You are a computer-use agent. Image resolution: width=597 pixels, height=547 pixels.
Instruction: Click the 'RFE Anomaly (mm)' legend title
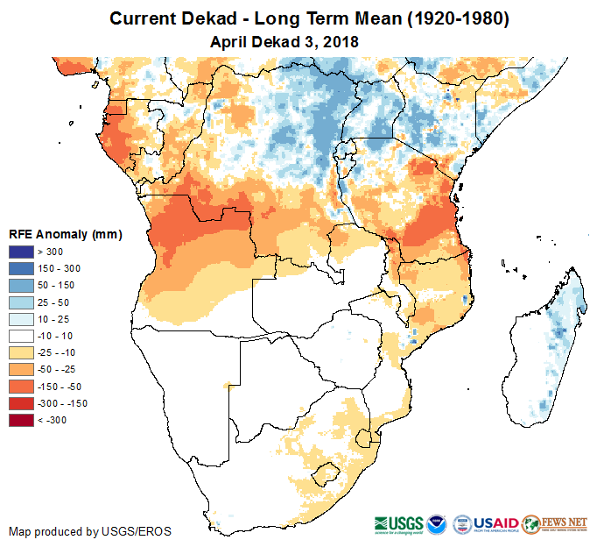pyautogui.click(x=66, y=235)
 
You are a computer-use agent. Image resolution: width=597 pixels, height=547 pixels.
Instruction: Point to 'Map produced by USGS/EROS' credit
pyautogui.click(x=90, y=531)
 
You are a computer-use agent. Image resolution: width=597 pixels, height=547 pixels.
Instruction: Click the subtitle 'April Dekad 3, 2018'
pyautogui.click(x=285, y=41)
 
